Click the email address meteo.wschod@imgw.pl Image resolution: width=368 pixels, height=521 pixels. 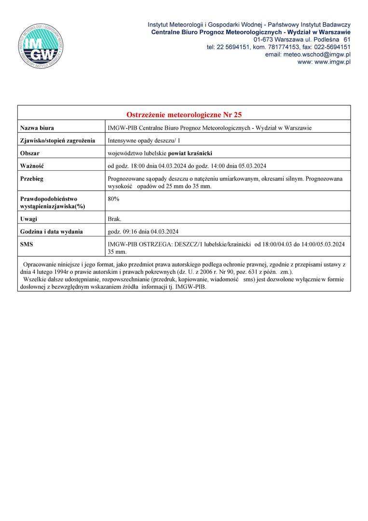click(x=308, y=55)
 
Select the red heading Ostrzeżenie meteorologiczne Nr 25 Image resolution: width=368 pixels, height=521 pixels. click(x=184, y=115)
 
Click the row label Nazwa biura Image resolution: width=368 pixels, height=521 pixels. click(x=37, y=128)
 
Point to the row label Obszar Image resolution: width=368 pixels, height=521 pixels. click(x=30, y=153)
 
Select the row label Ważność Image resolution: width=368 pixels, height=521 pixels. click(x=32, y=166)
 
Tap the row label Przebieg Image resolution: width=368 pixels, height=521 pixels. click(x=32, y=178)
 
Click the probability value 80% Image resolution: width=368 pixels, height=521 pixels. click(x=114, y=198)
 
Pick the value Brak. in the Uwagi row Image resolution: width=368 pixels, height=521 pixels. click(x=115, y=219)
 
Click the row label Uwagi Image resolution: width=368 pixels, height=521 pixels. click(x=28, y=219)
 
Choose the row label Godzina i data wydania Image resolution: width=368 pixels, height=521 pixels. click(x=52, y=232)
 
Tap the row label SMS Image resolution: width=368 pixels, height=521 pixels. click(x=27, y=245)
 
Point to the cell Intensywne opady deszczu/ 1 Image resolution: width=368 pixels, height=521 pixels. click(x=144, y=141)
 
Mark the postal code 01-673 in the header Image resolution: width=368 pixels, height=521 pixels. click(x=264, y=39)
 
